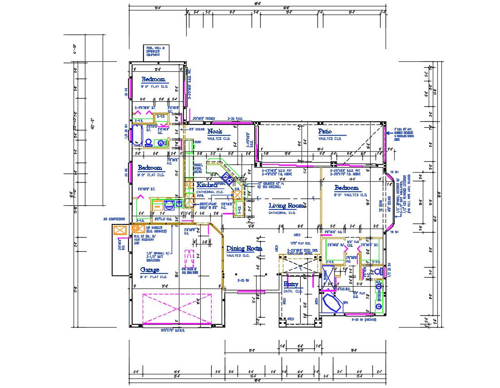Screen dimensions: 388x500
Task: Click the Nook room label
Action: click(x=215, y=131)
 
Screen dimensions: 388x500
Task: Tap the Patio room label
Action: click(x=325, y=132)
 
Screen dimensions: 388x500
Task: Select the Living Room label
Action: click(x=286, y=206)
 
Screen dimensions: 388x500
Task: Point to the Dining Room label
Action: click(x=244, y=249)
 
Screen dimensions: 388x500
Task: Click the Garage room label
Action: click(x=149, y=270)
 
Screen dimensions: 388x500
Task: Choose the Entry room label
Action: click(x=291, y=284)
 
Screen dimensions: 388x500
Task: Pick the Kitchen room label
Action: click(x=208, y=185)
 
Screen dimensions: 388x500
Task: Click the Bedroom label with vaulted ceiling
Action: click(x=347, y=188)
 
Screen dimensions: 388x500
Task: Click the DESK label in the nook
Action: click(x=198, y=142)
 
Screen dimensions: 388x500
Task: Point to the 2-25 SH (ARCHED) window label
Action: click(x=365, y=319)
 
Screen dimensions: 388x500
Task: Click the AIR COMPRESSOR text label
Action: click(x=114, y=219)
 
